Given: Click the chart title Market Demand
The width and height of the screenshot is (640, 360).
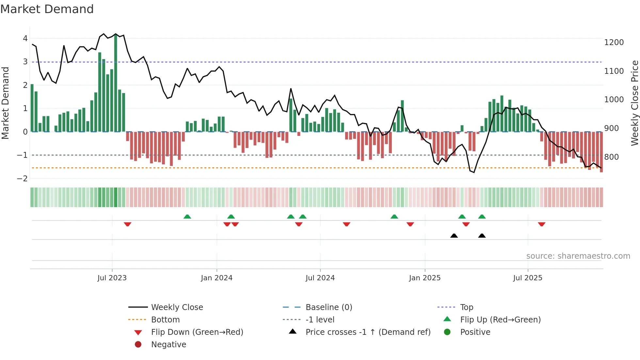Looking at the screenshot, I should pyautogui.click(x=47, y=9).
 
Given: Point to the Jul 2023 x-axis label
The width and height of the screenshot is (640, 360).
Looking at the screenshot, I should pyautogui.click(x=112, y=278).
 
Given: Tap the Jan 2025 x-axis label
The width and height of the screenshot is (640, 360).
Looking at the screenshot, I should pyautogui.click(x=424, y=278).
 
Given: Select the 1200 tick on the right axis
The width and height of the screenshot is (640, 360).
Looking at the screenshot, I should pyautogui.click(x=614, y=42).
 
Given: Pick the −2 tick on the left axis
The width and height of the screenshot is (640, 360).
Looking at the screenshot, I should pyautogui.click(x=22, y=179).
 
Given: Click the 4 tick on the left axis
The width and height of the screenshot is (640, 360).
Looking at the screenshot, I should pyautogui.click(x=25, y=39).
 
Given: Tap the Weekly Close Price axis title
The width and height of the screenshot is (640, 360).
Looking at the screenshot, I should pyautogui.click(x=634, y=103).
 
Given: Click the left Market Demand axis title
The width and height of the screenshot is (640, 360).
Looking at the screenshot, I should pyautogui.click(x=5, y=103).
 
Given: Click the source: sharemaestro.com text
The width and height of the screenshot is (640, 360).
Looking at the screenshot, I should pyautogui.click(x=578, y=256).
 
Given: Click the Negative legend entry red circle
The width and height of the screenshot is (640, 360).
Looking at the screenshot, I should pyautogui.click(x=138, y=345).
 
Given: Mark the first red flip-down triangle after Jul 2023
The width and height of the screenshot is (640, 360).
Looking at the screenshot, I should pyautogui.click(x=128, y=224).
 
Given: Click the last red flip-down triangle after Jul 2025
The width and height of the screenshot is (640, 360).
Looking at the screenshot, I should pyautogui.click(x=542, y=224).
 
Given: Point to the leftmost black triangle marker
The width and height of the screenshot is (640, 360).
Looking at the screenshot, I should pyautogui.click(x=454, y=236).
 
